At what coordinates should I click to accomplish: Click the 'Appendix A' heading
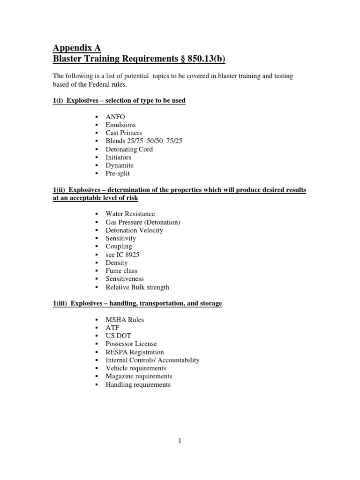coord(76,47)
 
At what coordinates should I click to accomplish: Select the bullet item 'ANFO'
coord(116,117)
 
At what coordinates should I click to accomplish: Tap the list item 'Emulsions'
coord(120,125)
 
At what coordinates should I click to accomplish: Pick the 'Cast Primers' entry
coord(124,133)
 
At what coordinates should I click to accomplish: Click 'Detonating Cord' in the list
coord(129,149)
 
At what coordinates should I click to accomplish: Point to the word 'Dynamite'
coord(120,165)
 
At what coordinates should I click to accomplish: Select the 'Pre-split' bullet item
coord(118,173)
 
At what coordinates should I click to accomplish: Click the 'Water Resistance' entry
coord(130,214)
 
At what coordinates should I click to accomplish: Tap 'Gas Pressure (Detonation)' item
coord(143,222)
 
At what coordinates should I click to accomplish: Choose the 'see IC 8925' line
coord(122,255)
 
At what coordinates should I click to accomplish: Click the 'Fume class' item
coord(121,270)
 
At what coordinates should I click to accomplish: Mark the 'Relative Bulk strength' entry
coord(137,287)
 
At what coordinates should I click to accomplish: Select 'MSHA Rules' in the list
coord(125,320)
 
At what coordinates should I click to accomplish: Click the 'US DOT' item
coord(119,336)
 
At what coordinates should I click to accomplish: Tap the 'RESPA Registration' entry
coord(135,352)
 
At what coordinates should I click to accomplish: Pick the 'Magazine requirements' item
coord(139,376)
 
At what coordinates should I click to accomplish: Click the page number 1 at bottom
coord(180,441)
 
